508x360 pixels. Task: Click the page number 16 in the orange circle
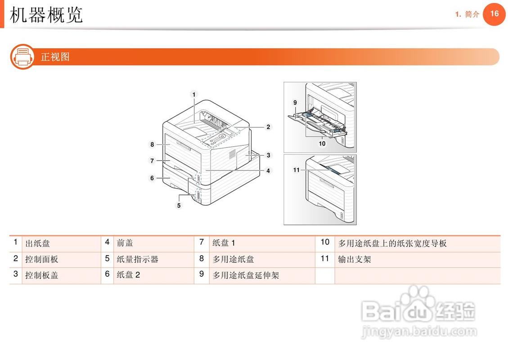[494, 14]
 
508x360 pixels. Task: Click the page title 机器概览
[47, 15]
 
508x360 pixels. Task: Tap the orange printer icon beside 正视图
[22, 57]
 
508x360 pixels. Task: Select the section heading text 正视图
[55, 57]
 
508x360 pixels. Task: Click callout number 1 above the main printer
[194, 94]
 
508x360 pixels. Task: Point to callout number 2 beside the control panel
[268, 127]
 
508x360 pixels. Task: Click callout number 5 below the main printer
[179, 205]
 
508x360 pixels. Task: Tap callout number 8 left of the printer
[153, 144]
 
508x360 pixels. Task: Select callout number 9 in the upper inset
[295, 103]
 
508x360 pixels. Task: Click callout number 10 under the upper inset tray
[322, 144]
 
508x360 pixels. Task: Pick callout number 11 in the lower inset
[296, 170]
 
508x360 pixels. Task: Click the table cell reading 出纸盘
[37, 243]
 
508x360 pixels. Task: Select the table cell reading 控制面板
[41, 259]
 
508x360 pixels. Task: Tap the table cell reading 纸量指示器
[137, 259]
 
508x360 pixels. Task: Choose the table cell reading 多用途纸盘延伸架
[246, 275]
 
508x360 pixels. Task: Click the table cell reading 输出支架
[355, 259]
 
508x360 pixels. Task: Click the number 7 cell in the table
[202, 243]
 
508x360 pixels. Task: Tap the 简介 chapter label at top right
[472, 14]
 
